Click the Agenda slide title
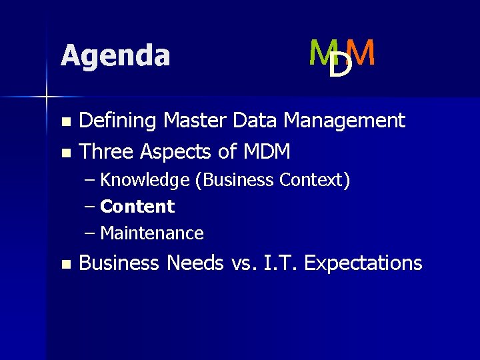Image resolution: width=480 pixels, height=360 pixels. [115, 55]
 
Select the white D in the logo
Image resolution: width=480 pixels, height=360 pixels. [341, 65]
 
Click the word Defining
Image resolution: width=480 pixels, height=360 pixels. [118, 121]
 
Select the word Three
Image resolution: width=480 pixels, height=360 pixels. [107, 152]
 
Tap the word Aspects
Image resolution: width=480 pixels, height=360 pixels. [176, 152]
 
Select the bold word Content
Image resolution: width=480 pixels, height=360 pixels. [137, 207]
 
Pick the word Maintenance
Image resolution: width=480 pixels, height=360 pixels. [152, 233]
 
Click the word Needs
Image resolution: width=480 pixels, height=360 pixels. [196, 263]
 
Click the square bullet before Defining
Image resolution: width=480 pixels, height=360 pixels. [65, 122]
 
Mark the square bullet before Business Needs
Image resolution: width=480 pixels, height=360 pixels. [65, 265]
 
